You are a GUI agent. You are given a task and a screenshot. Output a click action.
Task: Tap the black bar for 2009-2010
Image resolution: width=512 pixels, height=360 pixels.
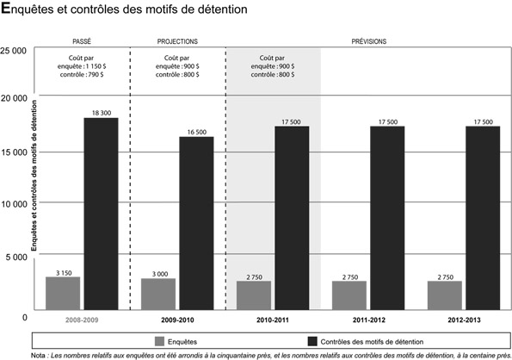click(196, 223)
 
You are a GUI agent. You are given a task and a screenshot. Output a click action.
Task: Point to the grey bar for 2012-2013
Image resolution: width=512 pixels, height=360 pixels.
click(444, 295)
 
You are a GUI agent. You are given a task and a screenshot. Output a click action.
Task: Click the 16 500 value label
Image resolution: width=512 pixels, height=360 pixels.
click(196, 132)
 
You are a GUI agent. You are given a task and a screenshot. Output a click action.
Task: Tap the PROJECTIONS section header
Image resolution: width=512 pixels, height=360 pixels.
click(177, 40)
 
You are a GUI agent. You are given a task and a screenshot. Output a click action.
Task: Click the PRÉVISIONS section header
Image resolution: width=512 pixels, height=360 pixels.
click(369, 40)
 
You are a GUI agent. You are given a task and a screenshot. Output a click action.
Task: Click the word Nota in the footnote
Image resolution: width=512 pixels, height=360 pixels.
click(37, 353)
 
